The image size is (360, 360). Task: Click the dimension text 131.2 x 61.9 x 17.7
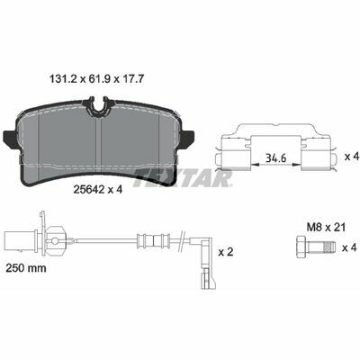click(97, 79)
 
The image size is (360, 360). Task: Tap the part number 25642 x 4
click(98, 189)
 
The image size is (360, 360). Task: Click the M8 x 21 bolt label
click(326, 227)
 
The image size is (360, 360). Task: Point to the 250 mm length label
click(26, 268)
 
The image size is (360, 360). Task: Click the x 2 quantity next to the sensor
click(226, 252)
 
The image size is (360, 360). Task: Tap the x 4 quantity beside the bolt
click(349, 248)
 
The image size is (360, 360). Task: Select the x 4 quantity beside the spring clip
click(352, 157)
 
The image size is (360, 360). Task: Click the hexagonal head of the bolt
click(301, 247)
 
